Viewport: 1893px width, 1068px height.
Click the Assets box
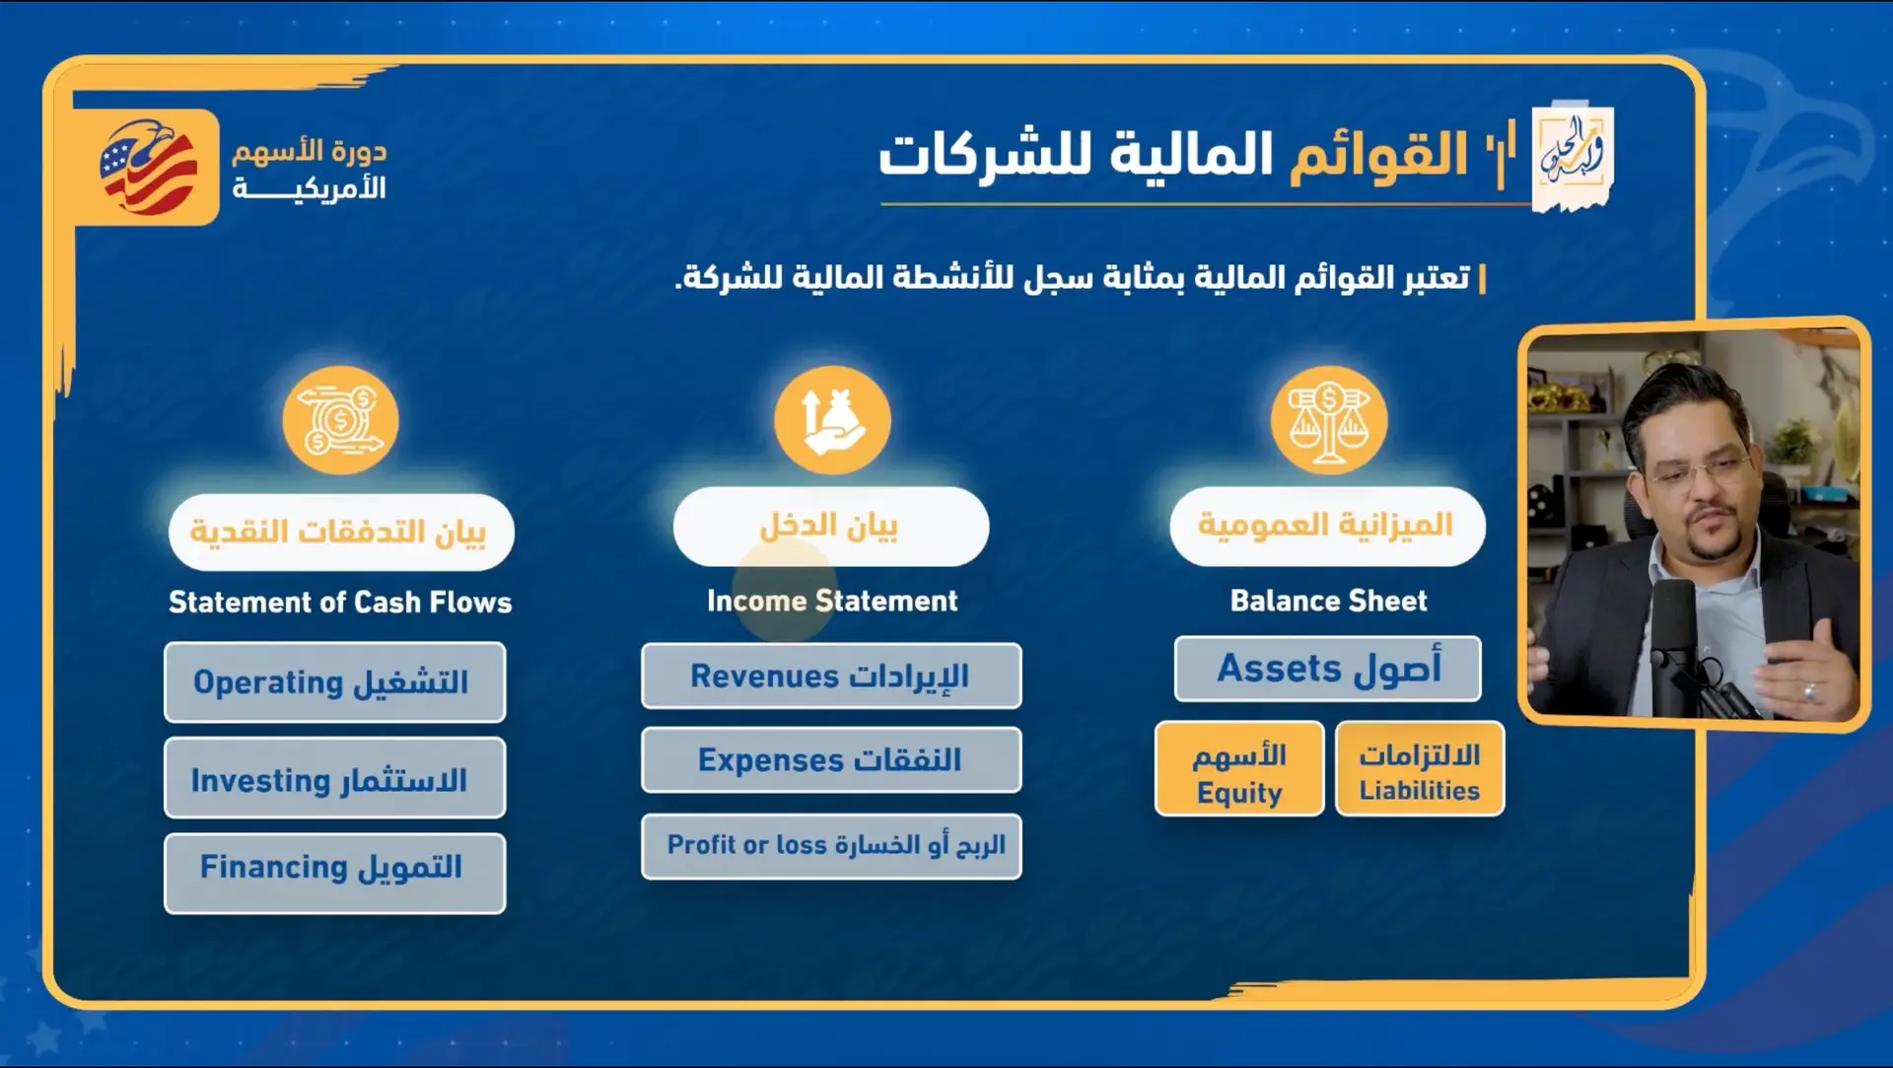coord(1327,669)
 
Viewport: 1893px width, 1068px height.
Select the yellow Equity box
coord(1238,769)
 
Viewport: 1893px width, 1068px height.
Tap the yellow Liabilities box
coord(1420,769)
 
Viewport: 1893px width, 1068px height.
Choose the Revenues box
coord(831,676)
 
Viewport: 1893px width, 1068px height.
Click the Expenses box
coord(831,760)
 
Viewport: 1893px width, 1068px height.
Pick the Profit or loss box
coord(831,846)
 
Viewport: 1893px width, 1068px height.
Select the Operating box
coord(334,682)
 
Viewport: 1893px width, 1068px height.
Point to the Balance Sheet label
coord(1328,601)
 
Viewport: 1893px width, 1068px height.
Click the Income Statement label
coord(832,601)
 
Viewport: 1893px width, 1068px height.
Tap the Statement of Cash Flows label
coord(340,602)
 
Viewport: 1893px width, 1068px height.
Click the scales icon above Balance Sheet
coord(1328,422)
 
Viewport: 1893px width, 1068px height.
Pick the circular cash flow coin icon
coord(340,422)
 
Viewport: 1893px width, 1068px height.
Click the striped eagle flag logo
coord(148,168)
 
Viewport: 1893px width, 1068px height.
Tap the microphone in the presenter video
coord(1676,631)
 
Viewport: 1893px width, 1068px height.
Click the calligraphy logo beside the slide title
coord(1572,156)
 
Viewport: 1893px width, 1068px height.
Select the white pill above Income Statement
coord(831,527)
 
